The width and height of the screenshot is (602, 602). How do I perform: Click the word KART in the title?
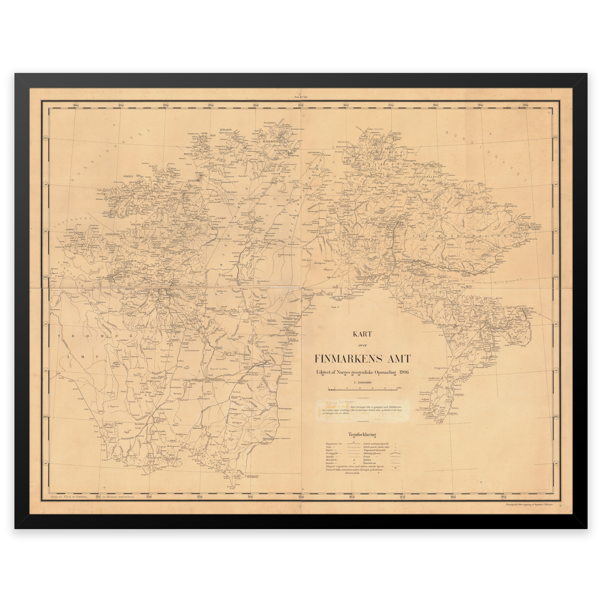(362, 334)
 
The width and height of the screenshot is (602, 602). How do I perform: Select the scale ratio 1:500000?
(362, 383)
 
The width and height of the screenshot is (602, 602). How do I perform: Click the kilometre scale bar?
(362, 389)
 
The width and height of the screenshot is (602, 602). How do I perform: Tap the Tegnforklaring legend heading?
(362, 435)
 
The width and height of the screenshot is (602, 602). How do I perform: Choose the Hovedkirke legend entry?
(332, 460)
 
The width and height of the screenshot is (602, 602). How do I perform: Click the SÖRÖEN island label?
(128, 176)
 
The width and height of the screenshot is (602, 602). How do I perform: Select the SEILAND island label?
(136, 224)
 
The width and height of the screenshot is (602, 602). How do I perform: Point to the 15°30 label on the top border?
(300, 105)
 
